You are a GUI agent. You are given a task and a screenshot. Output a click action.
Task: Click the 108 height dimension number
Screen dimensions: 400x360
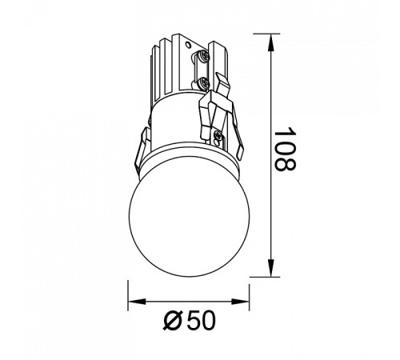click(x=285, y=150)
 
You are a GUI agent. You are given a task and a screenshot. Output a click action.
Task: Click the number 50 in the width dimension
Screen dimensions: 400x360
click(x=200, y=321)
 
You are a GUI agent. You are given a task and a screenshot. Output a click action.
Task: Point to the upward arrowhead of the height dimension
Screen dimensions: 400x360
click(x=271, y=43)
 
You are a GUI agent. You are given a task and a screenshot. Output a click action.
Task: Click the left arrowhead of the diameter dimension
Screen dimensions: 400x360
click(x=138, y=302)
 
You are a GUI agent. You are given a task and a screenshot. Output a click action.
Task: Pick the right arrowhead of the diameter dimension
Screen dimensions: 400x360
click(x=240, y=302)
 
